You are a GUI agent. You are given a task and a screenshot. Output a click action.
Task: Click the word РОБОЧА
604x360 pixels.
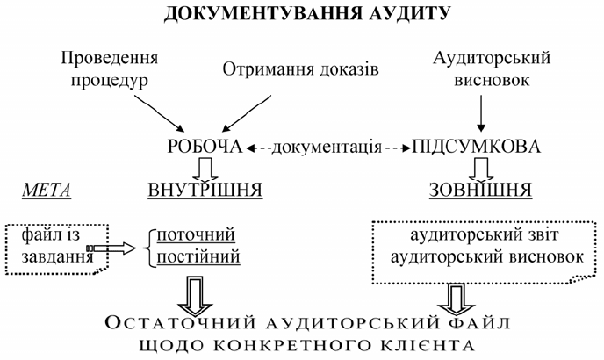point(205,146)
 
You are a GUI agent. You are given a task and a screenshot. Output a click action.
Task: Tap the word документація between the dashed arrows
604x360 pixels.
point(324,146)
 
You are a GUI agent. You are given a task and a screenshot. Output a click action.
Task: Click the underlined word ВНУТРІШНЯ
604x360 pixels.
point(204,190)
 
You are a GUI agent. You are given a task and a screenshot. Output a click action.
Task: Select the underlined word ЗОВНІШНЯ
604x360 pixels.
point(479,190)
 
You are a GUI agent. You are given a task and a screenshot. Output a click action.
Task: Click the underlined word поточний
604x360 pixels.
point(198,234)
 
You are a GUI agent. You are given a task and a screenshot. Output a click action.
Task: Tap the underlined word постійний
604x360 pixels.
point(198,257)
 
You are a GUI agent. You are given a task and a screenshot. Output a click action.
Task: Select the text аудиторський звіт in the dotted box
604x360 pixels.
point(479,237)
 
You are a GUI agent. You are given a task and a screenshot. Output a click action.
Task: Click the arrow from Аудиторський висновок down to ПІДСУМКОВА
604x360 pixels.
point(479,112)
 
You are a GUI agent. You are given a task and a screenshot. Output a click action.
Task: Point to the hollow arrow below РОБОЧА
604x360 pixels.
point(205,166)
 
